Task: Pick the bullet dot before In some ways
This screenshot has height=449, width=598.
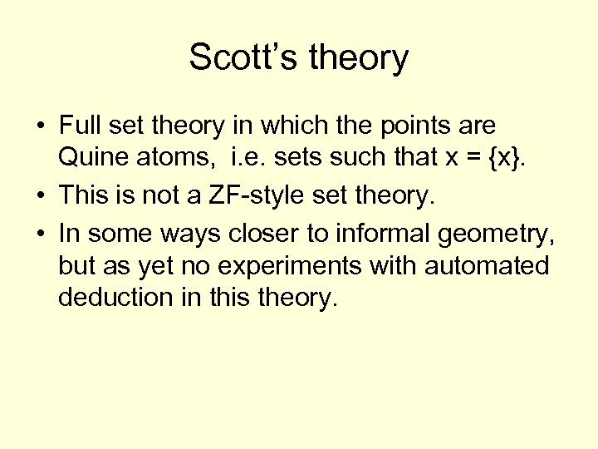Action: [x=40, y=234]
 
